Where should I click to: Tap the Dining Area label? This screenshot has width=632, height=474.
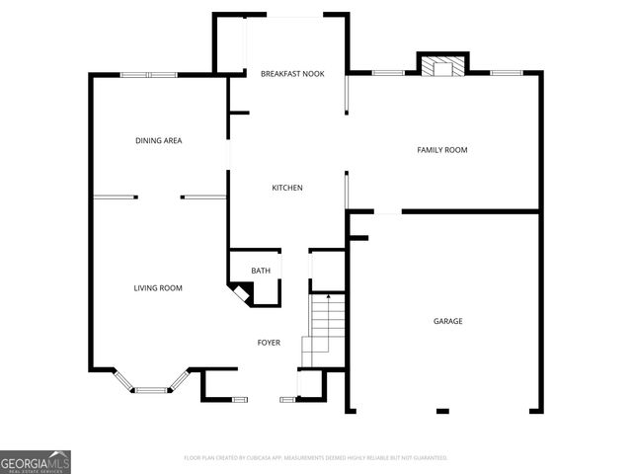tap(159, 140)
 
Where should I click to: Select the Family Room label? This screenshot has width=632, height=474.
tap(441, 150)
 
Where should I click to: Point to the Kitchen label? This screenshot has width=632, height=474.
tap(287, 188)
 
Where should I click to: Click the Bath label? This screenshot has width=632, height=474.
tap(261, 270)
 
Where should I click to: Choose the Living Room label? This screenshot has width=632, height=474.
tap(159, 287)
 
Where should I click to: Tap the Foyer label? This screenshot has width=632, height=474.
tap(269, 343)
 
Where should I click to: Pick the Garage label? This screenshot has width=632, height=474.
tap(447, 321)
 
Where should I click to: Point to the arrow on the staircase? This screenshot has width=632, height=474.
tap(328, 295)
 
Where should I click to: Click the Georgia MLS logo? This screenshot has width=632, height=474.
tap(36, 461)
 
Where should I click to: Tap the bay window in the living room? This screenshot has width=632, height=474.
tap(150, 389)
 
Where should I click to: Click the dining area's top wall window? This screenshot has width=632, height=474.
tap(149, 75)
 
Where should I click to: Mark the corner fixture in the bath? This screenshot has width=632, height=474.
tap(240, 292)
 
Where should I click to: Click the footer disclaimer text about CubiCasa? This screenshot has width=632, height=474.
tap(316, 458)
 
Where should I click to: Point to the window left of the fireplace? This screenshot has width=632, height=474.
tap(388, 72)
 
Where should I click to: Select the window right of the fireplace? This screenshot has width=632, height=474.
tap(506, 72)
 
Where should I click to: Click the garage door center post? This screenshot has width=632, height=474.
tap(441, 411)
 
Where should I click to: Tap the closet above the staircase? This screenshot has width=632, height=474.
tap(327, 269)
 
